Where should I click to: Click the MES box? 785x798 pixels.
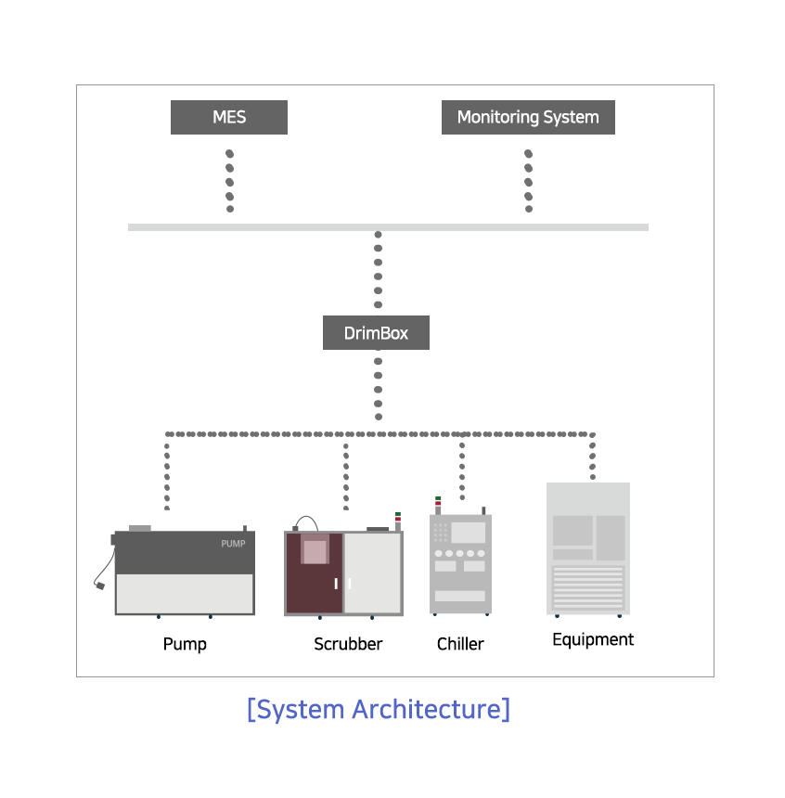pos(229,117)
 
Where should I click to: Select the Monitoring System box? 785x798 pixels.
pos(528,117)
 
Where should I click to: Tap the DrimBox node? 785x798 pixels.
pos(376,333)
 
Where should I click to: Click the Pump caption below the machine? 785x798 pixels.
pos(185,644)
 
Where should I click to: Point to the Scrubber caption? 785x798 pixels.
pos(348,644)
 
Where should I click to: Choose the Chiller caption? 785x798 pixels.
pos(460,644)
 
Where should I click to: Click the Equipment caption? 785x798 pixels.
pos(593,639)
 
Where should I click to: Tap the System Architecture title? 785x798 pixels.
pos(379,709)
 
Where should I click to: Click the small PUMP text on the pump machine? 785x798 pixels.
pos(233,544)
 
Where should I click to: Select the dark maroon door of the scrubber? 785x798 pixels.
pos(315,573)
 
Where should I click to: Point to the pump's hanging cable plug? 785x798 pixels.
pos(100,586)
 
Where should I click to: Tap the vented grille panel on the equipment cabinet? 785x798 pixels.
pos(588,587)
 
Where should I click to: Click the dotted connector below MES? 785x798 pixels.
pos(229,181)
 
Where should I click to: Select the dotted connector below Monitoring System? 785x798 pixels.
pos(528,181)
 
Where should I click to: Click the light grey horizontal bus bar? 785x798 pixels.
pos(388,227)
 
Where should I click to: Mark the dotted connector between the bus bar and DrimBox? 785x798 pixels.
pos(378,270)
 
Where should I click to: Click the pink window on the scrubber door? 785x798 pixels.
pos(315,552)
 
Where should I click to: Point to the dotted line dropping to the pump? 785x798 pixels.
pos(167,476)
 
